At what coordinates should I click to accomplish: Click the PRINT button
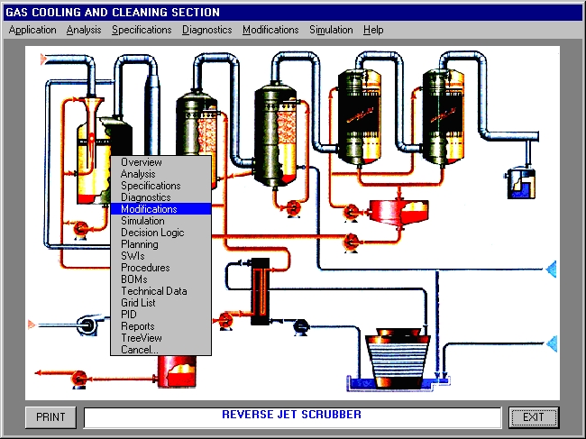[x=50, y=417]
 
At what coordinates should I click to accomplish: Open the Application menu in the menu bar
[x=32, y=30]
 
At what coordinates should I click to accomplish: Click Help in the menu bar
[x=373, y=30]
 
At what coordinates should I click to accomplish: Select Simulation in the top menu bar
[x=331, y=30]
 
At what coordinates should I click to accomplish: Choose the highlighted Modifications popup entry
[x=161, y=209]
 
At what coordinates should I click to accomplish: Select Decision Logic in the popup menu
[x=152, y=233]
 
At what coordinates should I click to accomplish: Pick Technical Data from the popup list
[x=154, y=291]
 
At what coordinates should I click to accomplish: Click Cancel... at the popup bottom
[x=140, y=350]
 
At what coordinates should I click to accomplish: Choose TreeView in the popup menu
[x=142, y=338]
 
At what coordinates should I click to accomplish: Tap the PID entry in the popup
[x=129, y=315]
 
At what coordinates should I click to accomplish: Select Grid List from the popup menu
[x=138, y=303]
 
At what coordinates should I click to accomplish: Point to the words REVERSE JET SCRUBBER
[x=291, y=415]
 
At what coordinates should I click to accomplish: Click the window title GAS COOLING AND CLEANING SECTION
[x=113, y=13]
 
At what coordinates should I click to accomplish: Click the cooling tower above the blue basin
[x=398, y=358]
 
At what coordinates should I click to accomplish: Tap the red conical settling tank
[x=399, y=212]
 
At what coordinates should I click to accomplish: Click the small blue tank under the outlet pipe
[x=521, y=183]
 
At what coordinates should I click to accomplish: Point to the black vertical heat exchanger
[x=261, y=291]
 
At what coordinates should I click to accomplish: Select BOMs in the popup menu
[x=133, y=279]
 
